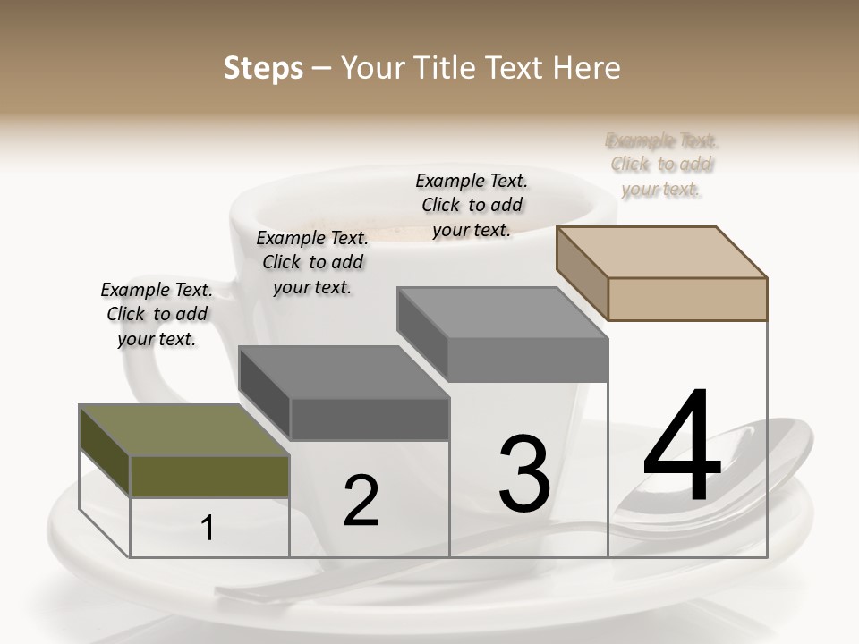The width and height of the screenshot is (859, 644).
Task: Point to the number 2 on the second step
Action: pos(361,501)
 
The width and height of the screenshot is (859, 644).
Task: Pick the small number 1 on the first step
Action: pos(208,529)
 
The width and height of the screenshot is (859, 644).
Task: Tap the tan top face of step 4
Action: pos(662,251)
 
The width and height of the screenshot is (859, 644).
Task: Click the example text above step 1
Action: pos(157,314)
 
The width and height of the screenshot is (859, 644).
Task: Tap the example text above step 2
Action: pos(312,262)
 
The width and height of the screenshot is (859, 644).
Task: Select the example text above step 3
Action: pos(472,205)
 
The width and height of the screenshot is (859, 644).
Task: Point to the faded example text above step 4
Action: pos(661,165)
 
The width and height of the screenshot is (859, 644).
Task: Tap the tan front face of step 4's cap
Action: pos(687,299)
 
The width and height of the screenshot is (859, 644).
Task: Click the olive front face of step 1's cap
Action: pos(209,476)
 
